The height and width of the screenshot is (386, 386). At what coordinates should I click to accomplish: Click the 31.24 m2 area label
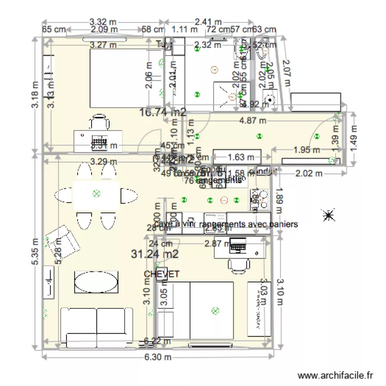click(155, 254)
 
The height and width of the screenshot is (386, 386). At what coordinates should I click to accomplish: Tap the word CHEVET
click(162, 274)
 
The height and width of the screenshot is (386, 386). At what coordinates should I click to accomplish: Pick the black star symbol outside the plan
click(327, 215)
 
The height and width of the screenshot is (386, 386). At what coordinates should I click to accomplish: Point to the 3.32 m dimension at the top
click(102, 22)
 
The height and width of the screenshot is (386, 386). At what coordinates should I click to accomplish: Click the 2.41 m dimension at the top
click(208, 22)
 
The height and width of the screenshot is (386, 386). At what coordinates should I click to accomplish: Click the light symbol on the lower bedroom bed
click(215, 310)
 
